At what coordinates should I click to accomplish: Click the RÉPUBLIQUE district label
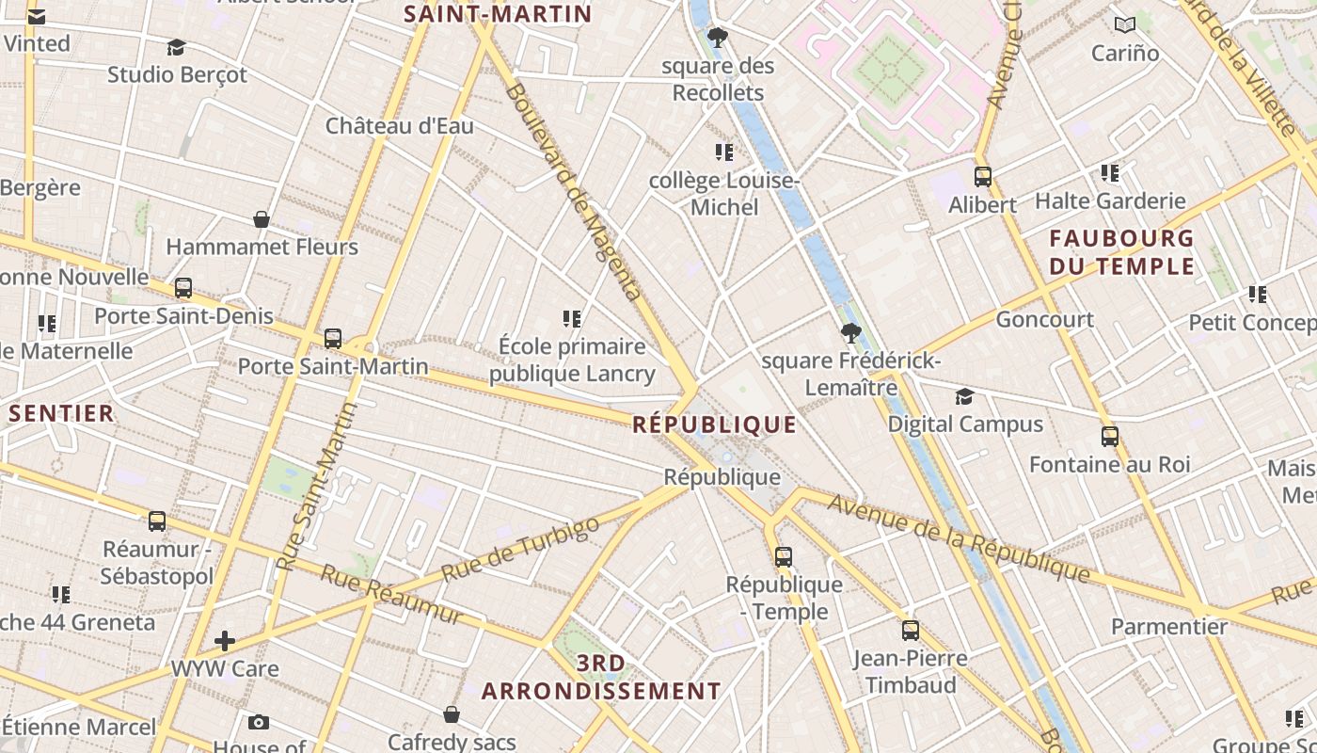coord(714,425)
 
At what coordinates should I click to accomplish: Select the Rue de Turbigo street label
coord(520,549)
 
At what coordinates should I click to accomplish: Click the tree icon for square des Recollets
coord(718,39)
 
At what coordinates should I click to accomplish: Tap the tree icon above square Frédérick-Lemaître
coord(850,333)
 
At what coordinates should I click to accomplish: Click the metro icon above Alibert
coord(983,177)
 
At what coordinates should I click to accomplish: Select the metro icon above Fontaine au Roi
coord(1110,437)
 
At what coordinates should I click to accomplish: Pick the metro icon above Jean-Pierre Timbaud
coord(910,631)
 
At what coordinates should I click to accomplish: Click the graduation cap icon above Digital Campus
coord(964,396)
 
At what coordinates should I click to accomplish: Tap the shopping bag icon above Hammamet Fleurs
coord(262,220)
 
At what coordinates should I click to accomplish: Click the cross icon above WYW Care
coord(225,642)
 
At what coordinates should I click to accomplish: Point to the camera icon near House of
coord(258,723)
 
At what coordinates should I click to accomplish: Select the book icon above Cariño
coord(1124,25)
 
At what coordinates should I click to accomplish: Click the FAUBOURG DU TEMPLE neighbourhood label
coord(1121,252)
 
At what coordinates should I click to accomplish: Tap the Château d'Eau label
coord(400,126)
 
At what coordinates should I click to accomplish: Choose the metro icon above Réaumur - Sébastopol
coord(157,521)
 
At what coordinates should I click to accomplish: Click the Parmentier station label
coord(1169,627)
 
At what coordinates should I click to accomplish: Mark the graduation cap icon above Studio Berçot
coord(176,47)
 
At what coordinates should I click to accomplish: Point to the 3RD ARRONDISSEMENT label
coord(601,678)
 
